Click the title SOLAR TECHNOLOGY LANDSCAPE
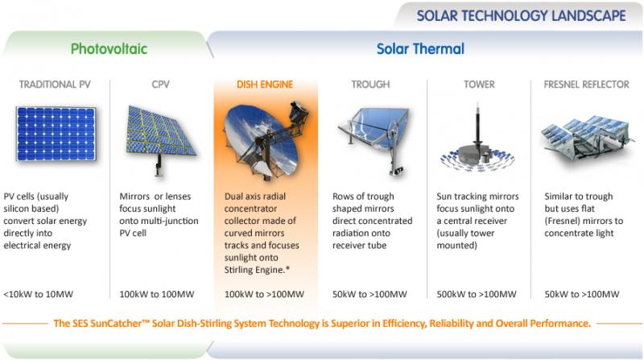coord(521,15)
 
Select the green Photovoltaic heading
coord(109,49)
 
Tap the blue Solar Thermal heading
coord(420,49)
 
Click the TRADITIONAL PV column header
coord(55,85)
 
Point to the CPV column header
coord(160,85)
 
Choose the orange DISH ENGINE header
coord(265,85)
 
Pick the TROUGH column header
coord(370,85)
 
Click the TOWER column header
coord(479,85)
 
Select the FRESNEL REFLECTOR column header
coord(587,85)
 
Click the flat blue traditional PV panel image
coord(56,134)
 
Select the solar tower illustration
coord(477,144)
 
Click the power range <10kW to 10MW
coord(38,294)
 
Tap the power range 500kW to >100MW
coord(477,294)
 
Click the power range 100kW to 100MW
coord(157,294)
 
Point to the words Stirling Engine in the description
coord(254,270)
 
